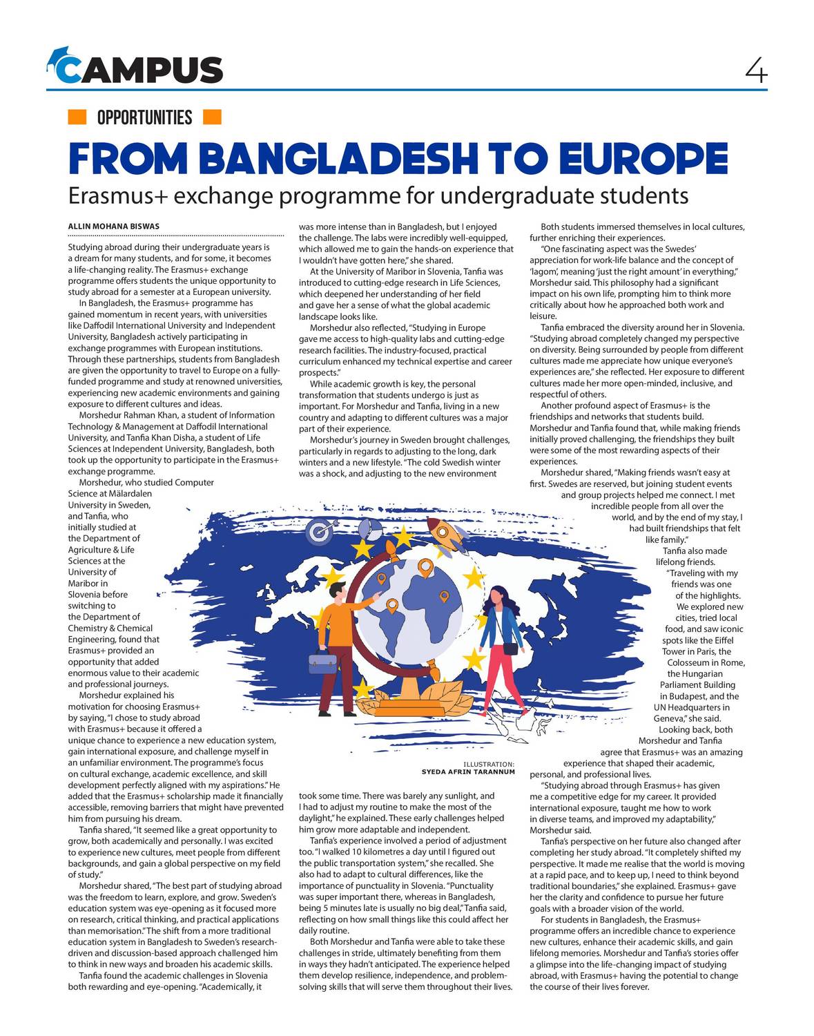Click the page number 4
pos(756,70)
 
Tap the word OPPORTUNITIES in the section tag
pos(144,117)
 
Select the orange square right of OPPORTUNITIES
pos(212,117)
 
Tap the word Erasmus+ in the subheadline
pos(118,196)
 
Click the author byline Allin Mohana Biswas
pos(113,227)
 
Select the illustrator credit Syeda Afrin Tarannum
pos(468,771)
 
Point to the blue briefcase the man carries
pos(323,663)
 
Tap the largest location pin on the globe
pos(425,569)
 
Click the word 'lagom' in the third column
pos(544,271)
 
